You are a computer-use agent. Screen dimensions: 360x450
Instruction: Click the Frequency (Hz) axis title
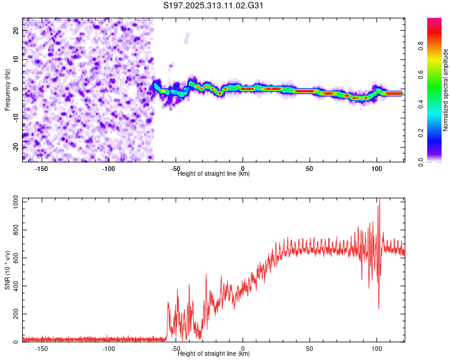[x=7, y=89]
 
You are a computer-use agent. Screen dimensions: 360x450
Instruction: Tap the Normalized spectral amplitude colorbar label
[x=446, y=90]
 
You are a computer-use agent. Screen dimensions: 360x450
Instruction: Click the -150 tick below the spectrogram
[x=41, y=168]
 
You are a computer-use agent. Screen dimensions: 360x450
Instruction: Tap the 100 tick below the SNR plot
[x=377, y=348]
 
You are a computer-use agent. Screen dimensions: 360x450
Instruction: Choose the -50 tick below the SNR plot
[x=176, y=348]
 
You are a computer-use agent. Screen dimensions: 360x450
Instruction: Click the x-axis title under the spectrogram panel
[x=214, y=174]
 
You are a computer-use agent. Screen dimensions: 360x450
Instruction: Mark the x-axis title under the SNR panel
[x=214, y=353]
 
